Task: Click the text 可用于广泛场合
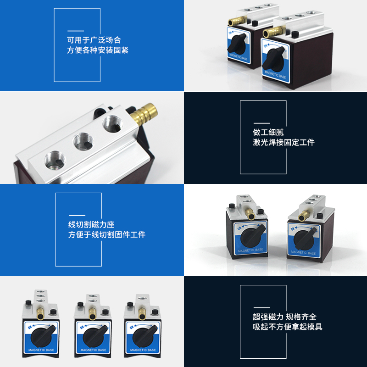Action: pyautogui.click(x=94, y=40)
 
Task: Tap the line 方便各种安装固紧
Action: pyautogui.click(x=97, y=50)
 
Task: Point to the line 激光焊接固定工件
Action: pyautogui.click(x=284, y=142)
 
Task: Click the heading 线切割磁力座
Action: pyautogui.click(x=91, y=225)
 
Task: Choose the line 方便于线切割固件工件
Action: pyautogui.click(x=106, y=235)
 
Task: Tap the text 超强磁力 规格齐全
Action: pyautogui.click(x=284, y=317)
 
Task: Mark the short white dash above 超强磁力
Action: pyautogui.click(x=261, y=307)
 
